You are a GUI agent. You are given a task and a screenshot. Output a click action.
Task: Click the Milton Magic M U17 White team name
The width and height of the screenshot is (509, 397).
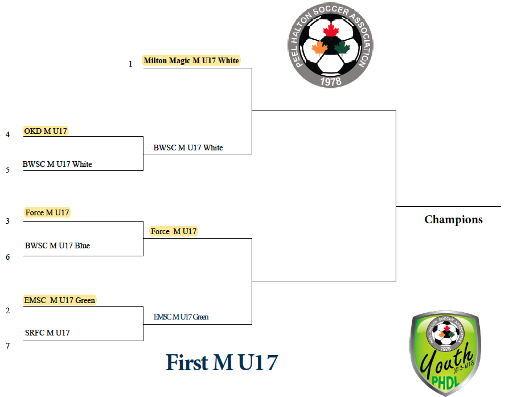coord(191,60)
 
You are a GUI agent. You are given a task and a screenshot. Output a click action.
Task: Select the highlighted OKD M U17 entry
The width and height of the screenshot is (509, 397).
coord(46,131)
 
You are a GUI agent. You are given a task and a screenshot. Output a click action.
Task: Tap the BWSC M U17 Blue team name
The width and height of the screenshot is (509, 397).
coord(58,245)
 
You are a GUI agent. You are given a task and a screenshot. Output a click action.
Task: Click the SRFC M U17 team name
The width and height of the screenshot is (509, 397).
coord(47,333)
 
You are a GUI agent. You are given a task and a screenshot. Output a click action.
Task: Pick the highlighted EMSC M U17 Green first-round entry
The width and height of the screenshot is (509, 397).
coord(60,300)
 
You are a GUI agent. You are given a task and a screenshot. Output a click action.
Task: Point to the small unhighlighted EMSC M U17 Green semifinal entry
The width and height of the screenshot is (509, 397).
coord(181,317)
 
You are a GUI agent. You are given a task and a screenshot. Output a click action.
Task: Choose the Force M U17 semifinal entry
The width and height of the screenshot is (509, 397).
coord(174,231)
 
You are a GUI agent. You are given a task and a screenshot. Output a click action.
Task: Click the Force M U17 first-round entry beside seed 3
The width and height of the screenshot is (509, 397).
coord(47,212)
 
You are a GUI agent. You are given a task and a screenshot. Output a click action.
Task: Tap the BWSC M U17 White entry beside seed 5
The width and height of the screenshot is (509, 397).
coord(57,164)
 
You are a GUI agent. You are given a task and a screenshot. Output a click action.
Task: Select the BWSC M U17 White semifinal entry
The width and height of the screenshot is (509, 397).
coord(188,148)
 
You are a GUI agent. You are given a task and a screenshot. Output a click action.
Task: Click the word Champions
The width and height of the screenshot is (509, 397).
coord(454,220)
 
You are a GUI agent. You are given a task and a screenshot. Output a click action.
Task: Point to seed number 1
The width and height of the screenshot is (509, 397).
coord(130,64)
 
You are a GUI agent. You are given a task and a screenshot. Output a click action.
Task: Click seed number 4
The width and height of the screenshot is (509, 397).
coord(7,134)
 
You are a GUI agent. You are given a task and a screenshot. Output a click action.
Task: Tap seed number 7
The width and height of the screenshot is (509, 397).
coord(7,346)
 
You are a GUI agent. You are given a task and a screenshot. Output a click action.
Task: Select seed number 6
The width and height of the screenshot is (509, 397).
coord(7,257)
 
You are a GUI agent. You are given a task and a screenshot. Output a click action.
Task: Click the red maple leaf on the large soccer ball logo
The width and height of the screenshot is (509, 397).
coord(331,31)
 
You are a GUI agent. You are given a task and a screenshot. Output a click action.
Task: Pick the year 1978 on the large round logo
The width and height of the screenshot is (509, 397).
coord(331,81)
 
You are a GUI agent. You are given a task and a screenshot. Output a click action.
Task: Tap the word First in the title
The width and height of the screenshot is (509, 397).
coord(187,362)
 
